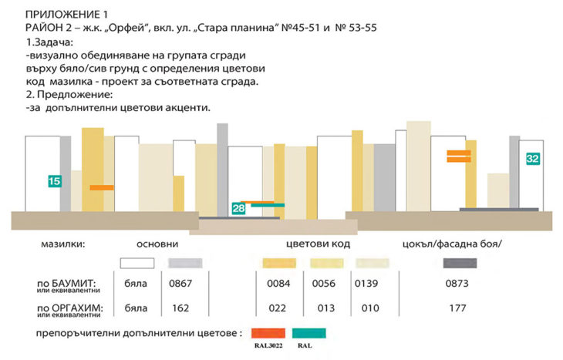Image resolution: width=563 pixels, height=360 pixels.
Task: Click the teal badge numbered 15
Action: pyautogui.click(x=54, y=182)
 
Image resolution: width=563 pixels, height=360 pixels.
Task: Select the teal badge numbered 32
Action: pyautogui.click(x=532, y=158)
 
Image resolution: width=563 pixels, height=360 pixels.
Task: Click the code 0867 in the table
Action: pyautogui.click(x=180, y=284)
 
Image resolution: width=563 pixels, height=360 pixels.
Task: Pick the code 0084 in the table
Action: pyautogui.click(x=277, y=284)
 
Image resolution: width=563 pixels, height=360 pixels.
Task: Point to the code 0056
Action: pyautogui.click(x=323, y=284)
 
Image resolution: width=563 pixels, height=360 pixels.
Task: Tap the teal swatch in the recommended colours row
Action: pyautogui.click(x=310, y=333)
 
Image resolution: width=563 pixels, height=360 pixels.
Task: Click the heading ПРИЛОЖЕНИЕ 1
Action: pyautogui.click(x=66, y=14)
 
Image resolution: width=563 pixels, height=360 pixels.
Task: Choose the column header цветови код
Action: pyautogui.click(x=319, y=244)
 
